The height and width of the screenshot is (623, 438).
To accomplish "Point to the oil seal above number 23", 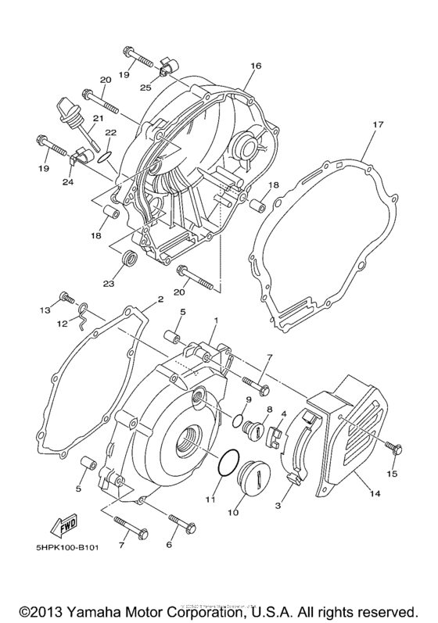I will pos(131,259).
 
